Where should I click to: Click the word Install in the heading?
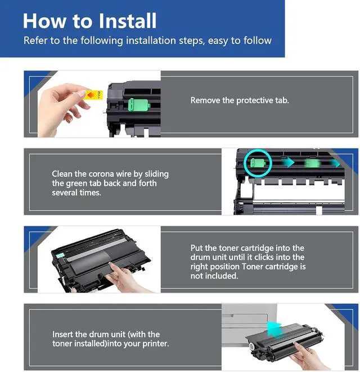point(127,21)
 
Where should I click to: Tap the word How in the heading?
point(44,21)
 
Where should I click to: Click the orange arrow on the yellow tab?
point(91,95)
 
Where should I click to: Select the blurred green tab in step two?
point(312,163)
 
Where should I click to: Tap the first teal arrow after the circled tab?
point(288,163)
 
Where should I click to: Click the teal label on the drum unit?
point(60,256)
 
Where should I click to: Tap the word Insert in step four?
point(62,334)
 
